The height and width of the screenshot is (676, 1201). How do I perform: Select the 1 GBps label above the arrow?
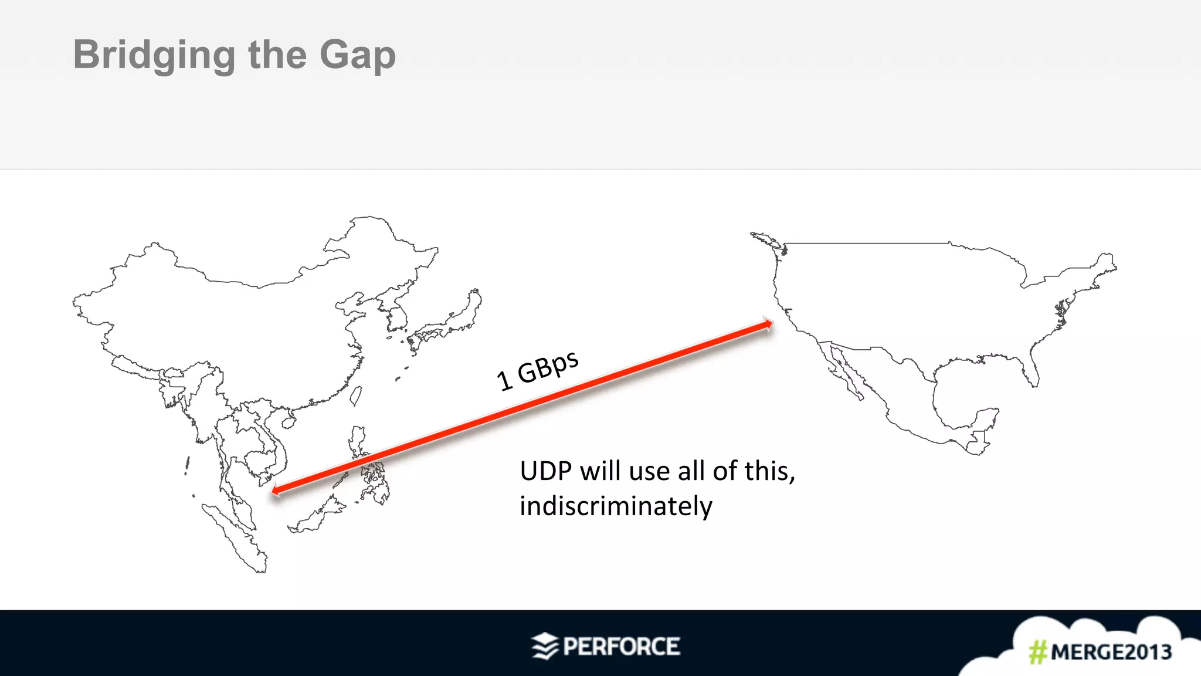(537, 370)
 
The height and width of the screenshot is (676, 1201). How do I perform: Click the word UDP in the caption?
(545, 471)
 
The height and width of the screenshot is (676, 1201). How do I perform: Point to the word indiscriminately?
(616, 506)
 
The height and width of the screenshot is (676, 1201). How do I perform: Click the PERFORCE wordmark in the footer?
(621, 647)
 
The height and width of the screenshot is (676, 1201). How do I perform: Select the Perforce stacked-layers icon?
(545, 646)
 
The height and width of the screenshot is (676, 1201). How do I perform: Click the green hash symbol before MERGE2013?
(1037, 652)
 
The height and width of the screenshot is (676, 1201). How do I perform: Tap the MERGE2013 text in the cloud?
(1111, 652)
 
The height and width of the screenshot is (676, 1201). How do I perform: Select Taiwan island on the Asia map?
(355, 396)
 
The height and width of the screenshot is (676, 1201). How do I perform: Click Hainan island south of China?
(288, 421)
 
